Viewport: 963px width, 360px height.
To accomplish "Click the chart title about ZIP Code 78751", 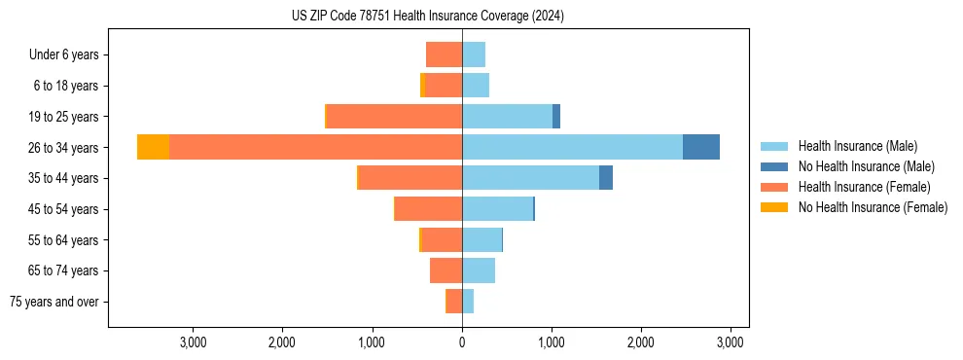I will tap(427, 17).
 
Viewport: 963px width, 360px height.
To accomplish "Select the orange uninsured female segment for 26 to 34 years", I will tap(153, 147).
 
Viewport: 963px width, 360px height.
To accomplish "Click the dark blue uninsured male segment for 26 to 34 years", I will tap(700, 147).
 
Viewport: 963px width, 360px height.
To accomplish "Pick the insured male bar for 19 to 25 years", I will tap(507, 116).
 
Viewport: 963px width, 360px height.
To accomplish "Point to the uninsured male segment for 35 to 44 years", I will tap(605, 178).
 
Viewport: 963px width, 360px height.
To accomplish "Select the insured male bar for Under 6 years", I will tap(474, 54).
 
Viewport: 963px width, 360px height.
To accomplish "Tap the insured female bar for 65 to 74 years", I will tap(446, 270).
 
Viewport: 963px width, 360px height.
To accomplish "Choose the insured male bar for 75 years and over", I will tap(468, 302).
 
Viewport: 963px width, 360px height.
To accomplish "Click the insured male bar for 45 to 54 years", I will tap(497, 208).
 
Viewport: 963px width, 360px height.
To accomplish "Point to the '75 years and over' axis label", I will tap(54, 302).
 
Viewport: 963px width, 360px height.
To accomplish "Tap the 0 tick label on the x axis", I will tap(462, 342).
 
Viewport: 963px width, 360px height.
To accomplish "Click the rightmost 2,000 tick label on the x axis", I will tap(641, 342).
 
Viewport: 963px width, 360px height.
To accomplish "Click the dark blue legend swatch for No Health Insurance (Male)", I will tap(774, 166).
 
